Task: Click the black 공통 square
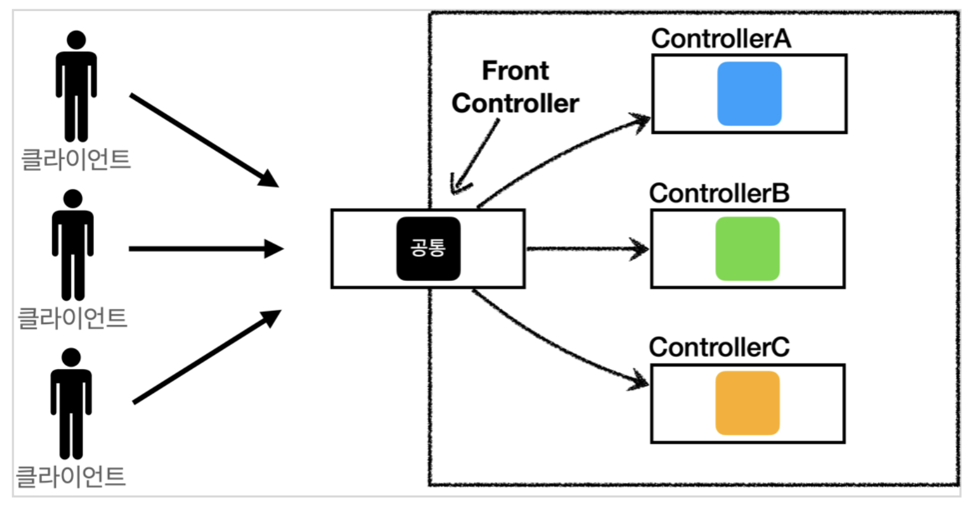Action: pyautogui.click(x=428, y=249)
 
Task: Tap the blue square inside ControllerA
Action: pyautogui.click(x=750, y=94)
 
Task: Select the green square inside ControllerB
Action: pyautogui.click(x=748, y=249)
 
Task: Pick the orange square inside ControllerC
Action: pyautogui.click(x=748, y=403)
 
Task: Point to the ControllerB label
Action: pyautogui.click(x=719, y=193)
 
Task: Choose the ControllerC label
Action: pyautogui.click(x=719, y=347)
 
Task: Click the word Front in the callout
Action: pyautogui.click(x=515, y=70)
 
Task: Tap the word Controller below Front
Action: pyautogui.click(x=515, y=104)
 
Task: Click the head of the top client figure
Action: pyautogui.click(x=77, y=39)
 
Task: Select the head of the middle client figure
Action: pyautogui.click(x=73, y=198)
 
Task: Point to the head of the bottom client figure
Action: pyautogui.click(x=71, y=357)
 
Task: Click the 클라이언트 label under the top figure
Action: pyautogui.click(x=76, y=159)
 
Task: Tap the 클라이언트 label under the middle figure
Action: pyautogui.click(x=72, y=318)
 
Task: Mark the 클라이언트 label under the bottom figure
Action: pyautogui.click(x=70, y=476)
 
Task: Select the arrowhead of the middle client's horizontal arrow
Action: pyautogui.click(x=275, y=249)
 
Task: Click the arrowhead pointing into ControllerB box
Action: pyautogui.click(x=640, y=249)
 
